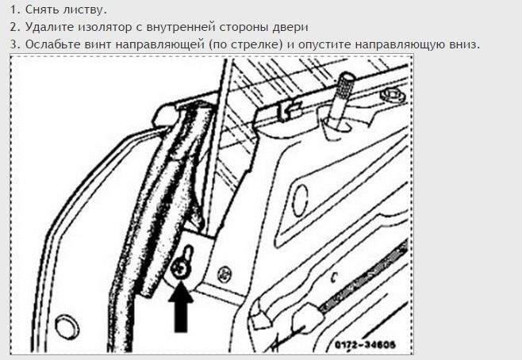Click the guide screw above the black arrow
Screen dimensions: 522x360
180,269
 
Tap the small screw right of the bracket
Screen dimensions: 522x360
225,274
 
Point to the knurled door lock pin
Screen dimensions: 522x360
341,101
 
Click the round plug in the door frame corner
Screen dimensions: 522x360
67,327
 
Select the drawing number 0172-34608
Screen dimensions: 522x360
365,344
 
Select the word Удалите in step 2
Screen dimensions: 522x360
50,27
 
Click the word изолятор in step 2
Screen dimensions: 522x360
105,27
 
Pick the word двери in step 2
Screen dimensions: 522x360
290,28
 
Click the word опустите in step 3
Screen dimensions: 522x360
324,45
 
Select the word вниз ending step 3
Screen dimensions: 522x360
463,45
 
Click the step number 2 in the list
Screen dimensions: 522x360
13,27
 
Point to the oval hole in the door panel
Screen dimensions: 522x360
300,201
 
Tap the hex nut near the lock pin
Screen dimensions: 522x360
392,95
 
